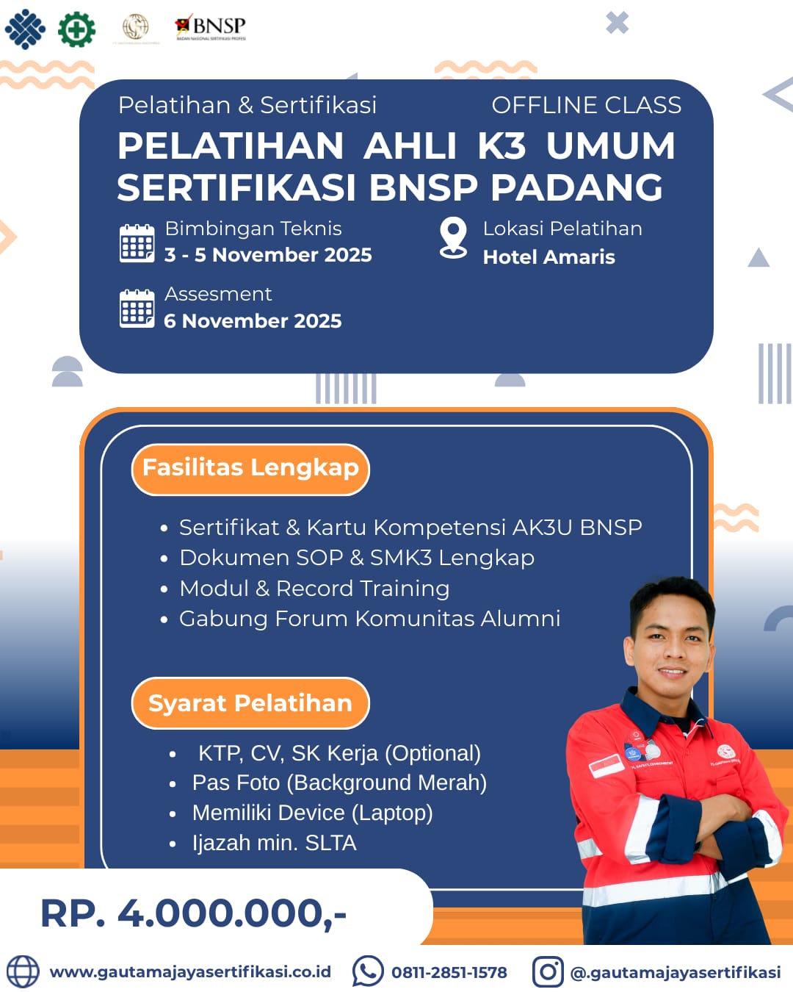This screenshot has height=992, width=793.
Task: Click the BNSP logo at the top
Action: coord(211,28)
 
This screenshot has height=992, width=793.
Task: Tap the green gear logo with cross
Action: coord(76,29)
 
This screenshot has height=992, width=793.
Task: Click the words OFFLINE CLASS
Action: coord(586,105)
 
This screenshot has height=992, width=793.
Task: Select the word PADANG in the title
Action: coord(576,187)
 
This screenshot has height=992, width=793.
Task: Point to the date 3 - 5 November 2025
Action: coord(268,255)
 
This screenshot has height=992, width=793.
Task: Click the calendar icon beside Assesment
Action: coord(137,309)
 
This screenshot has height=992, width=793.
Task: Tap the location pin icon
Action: coord(453,237)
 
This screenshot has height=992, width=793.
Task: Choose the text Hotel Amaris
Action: coord(548,257)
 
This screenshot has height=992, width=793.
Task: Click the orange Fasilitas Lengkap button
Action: coord(250,469)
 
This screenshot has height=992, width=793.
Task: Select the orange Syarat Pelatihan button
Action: coord(250,703)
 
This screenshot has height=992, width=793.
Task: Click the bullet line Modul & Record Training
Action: coord(314,589)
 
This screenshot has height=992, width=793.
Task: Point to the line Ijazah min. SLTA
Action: coord(274,843)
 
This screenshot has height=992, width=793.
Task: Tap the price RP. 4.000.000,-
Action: coord(193,913)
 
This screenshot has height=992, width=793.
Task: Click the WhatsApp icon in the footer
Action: coord(367,971)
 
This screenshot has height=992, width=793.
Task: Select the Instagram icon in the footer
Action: coord(547,971)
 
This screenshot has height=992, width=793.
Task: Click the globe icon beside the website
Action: coord(23,971)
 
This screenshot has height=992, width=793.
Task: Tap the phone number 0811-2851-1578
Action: coord(449,972)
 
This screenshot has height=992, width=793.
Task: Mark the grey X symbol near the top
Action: coord(617,23)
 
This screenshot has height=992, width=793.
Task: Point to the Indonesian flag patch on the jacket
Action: coord(606,766)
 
